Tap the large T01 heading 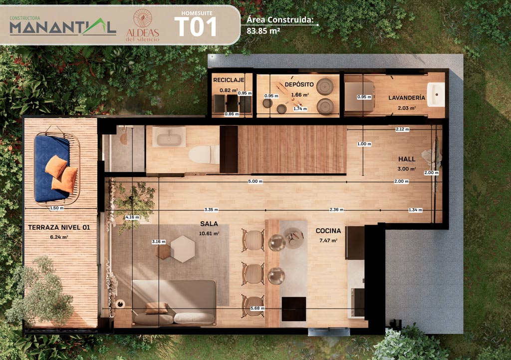(196, 27)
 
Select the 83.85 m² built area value (263, 31)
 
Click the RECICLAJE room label (229, 80)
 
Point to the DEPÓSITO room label (299, 84)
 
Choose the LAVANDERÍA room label (407, 97)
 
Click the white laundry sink (436, 94)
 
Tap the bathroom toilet (204, 154)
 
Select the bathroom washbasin (169, 137)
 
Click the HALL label (407, 159)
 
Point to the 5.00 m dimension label (255, 181)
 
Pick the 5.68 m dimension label (257, 308)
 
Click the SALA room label (209, 224)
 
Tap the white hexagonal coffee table (183, 249)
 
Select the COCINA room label (328, 231)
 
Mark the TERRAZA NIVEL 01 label (59, 227)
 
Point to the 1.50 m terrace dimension (57, 208)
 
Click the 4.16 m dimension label (132, 217)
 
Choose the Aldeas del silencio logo (143, 25)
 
